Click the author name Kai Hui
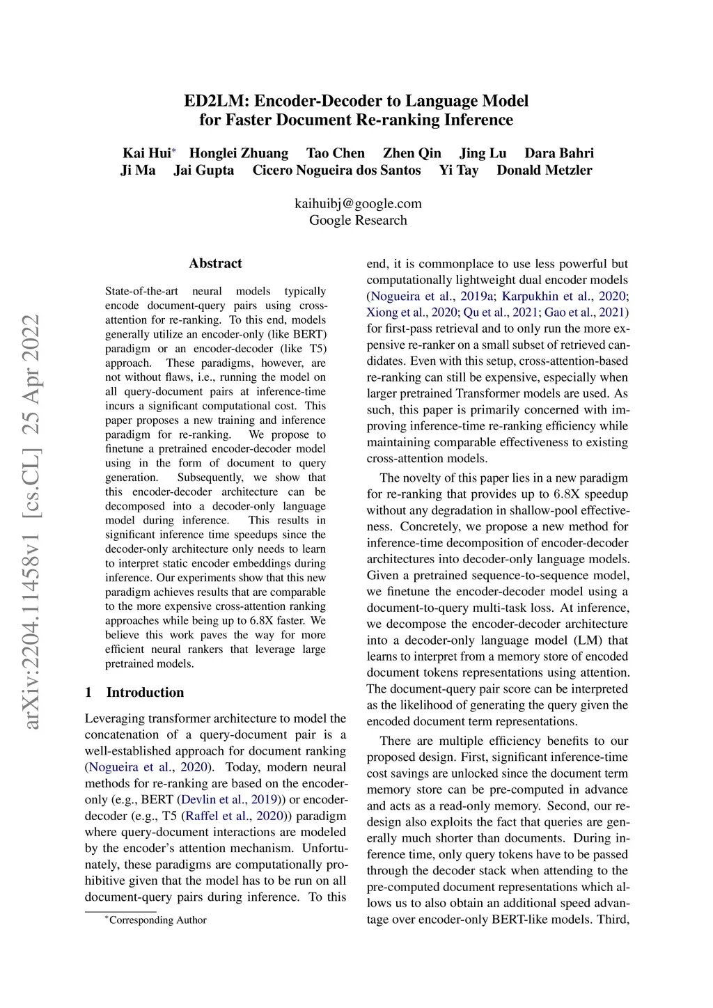pos(146,153)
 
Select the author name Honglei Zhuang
pos(239,153)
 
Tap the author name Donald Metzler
pos(544,171)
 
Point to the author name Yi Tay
pos(459,171)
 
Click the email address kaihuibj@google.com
pos(358,203)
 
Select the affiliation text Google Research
pos(358,220)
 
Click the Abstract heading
pos(215,263)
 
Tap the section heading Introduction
pos(145,692)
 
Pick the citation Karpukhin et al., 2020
pos(565,296)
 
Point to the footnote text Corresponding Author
pos(157,920)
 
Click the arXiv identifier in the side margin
pos(31,522)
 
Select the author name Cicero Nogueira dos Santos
pos(336,171)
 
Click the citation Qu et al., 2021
pos(500,312)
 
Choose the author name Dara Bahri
pos(559,153)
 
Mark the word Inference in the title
pos(478,120)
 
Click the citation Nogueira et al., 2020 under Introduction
pos(148,766)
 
